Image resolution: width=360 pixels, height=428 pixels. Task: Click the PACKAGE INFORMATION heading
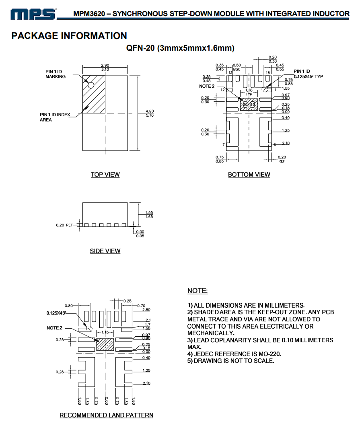click(69, 36)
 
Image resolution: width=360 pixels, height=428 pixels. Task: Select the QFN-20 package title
click(180, 48)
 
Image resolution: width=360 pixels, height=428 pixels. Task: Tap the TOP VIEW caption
click(105, 175)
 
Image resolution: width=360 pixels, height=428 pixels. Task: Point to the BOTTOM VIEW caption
click(249, 175)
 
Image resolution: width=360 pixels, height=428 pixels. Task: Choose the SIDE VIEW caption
click(105, 251)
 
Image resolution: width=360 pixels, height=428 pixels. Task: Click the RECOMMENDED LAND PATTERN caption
click(106, 415)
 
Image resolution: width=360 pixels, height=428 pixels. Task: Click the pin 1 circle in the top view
click(91, 85)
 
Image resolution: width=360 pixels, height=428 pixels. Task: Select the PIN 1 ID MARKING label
click(55, 74)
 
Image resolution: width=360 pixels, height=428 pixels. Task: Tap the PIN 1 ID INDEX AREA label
click(55, 117)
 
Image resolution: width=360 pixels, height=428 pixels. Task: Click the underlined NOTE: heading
click(197, 291)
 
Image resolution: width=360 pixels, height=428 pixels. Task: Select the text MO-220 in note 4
click(271, 354)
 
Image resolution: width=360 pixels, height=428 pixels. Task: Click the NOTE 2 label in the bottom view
click(207, 86)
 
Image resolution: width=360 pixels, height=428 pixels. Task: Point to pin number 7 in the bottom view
click(223, 144)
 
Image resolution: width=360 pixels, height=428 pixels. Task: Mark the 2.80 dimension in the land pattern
click(146, 310)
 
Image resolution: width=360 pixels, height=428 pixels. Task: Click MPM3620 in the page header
click(89, 14)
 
